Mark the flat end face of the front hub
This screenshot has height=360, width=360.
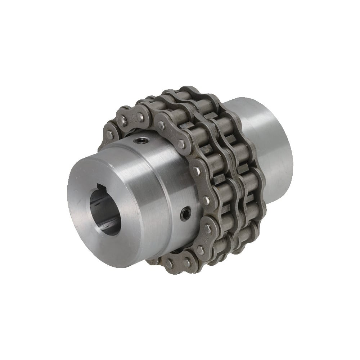coord(101,212)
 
